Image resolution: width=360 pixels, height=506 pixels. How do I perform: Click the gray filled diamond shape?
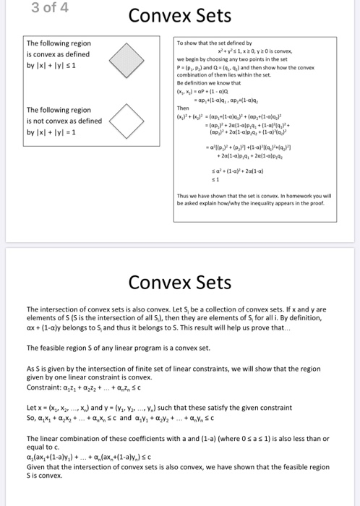[126, 55]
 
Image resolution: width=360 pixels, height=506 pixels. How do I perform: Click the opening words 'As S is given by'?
[54, 367]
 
